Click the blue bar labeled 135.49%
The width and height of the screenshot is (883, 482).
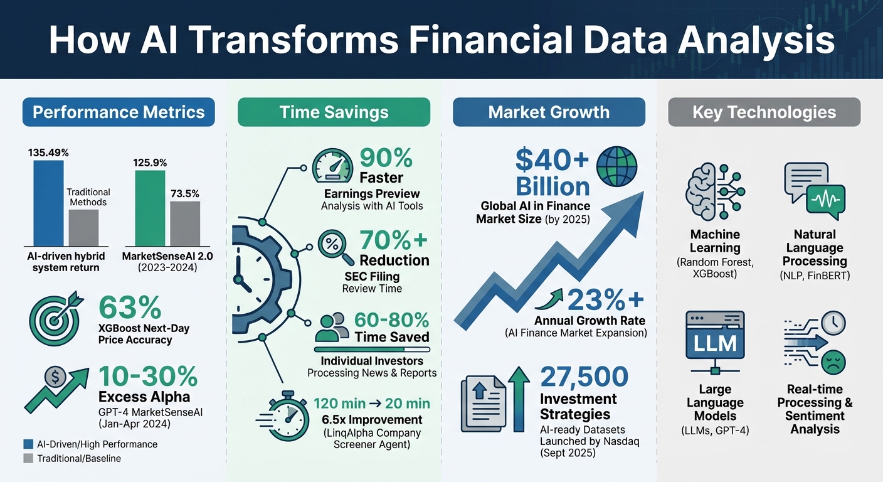pos(48,202)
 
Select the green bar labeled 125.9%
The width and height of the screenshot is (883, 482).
pos(150,207)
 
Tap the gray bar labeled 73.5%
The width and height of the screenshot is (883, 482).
pos(185,223)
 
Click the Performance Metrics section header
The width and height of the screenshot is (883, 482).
pos(119,112)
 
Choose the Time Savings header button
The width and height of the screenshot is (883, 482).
pos(334,112)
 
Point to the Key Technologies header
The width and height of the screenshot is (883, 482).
pos(764,112)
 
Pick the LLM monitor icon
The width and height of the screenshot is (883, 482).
pos(715,342)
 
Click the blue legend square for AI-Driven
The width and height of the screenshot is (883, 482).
pos(28,444)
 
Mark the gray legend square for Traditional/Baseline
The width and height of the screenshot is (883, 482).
pos(28,458)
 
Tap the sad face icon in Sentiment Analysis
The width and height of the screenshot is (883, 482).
pos(833,362)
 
